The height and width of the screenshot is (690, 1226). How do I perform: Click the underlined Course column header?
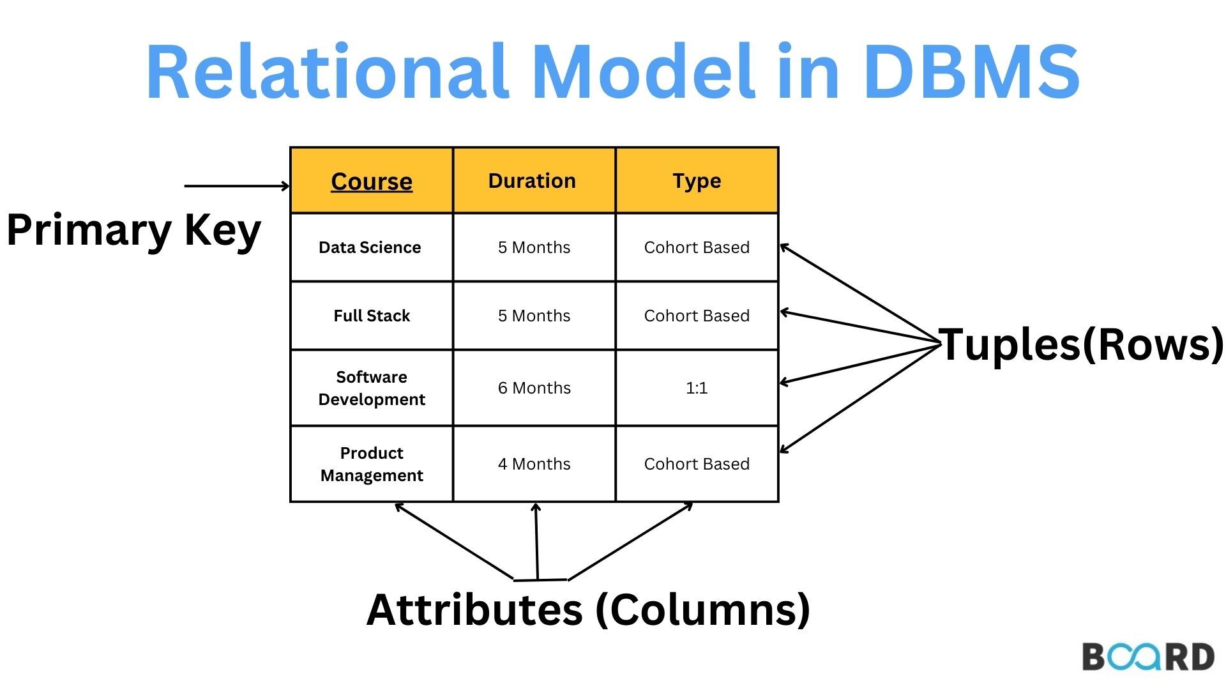pos(372,181)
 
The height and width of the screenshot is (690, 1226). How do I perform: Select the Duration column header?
pos(532,181)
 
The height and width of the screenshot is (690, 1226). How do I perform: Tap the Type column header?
pos(697,181)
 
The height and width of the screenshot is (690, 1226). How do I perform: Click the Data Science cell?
pos(370,247)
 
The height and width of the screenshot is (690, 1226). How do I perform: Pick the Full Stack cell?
pos(372,316)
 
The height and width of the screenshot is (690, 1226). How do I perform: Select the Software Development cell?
pos(372,388)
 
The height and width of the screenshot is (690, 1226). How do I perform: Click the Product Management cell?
pos(372,464)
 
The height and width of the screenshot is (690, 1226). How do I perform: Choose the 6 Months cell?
pos(534,388)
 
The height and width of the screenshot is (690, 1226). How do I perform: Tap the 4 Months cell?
pos(534,464)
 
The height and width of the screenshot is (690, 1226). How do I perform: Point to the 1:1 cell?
pos(697,388)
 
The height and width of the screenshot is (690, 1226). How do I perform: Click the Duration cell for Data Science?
pos(534,247)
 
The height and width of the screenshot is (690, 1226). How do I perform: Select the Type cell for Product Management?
pos(697,464)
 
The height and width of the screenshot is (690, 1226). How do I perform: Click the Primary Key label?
pos(133,230)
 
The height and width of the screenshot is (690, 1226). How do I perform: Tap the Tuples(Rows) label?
pos(1080,345)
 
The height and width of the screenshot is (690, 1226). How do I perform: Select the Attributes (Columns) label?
pos(588,609)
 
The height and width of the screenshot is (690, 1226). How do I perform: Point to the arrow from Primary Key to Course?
pos(236,186)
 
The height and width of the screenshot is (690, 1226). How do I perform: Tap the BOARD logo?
pos(1147,657)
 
